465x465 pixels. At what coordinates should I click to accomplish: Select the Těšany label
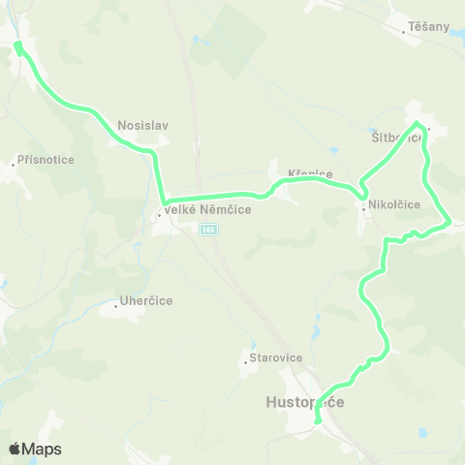(x=430, y=26)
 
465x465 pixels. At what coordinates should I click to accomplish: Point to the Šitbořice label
(x=397, y=137)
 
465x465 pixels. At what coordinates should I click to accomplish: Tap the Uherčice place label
(x=146, y=300)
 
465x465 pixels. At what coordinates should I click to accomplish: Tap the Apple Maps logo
(x=35, y=449)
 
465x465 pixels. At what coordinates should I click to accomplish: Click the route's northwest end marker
(x=18, y=45)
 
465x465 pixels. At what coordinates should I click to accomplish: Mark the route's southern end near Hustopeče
(x=318, y=419)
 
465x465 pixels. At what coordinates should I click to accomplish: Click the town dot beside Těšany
(x=405, y=32)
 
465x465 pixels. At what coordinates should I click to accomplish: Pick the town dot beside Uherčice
(x=115, y=306)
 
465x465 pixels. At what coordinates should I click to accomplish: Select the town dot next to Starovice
(x=245, y=364)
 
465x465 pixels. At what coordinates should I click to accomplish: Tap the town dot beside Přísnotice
(x=13, y=165)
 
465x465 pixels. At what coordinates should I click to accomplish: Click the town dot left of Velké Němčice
(x=159, y=214)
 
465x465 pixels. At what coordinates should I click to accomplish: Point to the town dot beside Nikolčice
(x=363, y=210)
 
